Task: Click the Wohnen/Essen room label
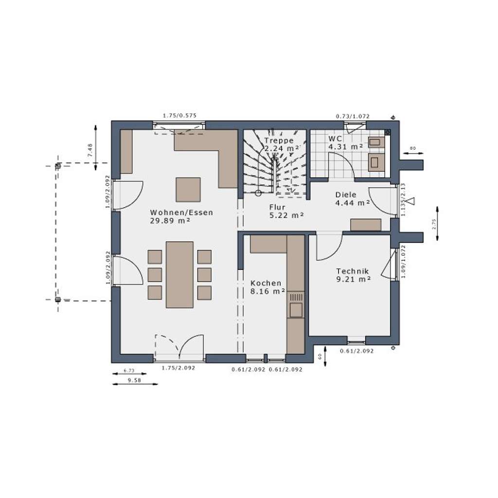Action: (x=181, y=213)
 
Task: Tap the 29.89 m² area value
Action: (x=170, y=221)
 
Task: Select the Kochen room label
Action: (x=266, y=283)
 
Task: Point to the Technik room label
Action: (x=352, y=271)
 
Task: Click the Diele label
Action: (x=345, y=195)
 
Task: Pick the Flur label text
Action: (x=277, y=207)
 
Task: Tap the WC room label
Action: (x=335, y=139)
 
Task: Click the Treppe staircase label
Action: (x=279, y=141)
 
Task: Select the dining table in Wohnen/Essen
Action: (x=179, y=274)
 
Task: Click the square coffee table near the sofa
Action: (x=188, y=190)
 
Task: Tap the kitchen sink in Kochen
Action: (x=296, y=309)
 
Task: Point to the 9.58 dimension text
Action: (x=134, y=380)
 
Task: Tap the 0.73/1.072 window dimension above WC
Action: (x=353, y=116)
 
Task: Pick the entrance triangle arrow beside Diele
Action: (x=410, y=201)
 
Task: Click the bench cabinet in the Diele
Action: (x=366, y=225)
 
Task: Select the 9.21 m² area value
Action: (x=354, y=280)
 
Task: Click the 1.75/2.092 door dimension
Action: (x=178, y=368)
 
